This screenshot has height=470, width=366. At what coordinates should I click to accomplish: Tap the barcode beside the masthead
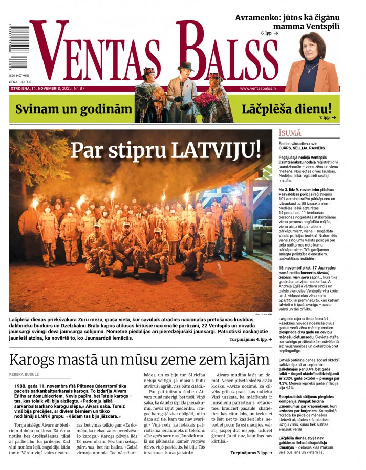click(18, 47)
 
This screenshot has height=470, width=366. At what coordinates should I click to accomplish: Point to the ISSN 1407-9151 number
click(19, 76)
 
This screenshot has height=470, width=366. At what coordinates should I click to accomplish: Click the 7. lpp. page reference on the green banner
click(328, 117)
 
